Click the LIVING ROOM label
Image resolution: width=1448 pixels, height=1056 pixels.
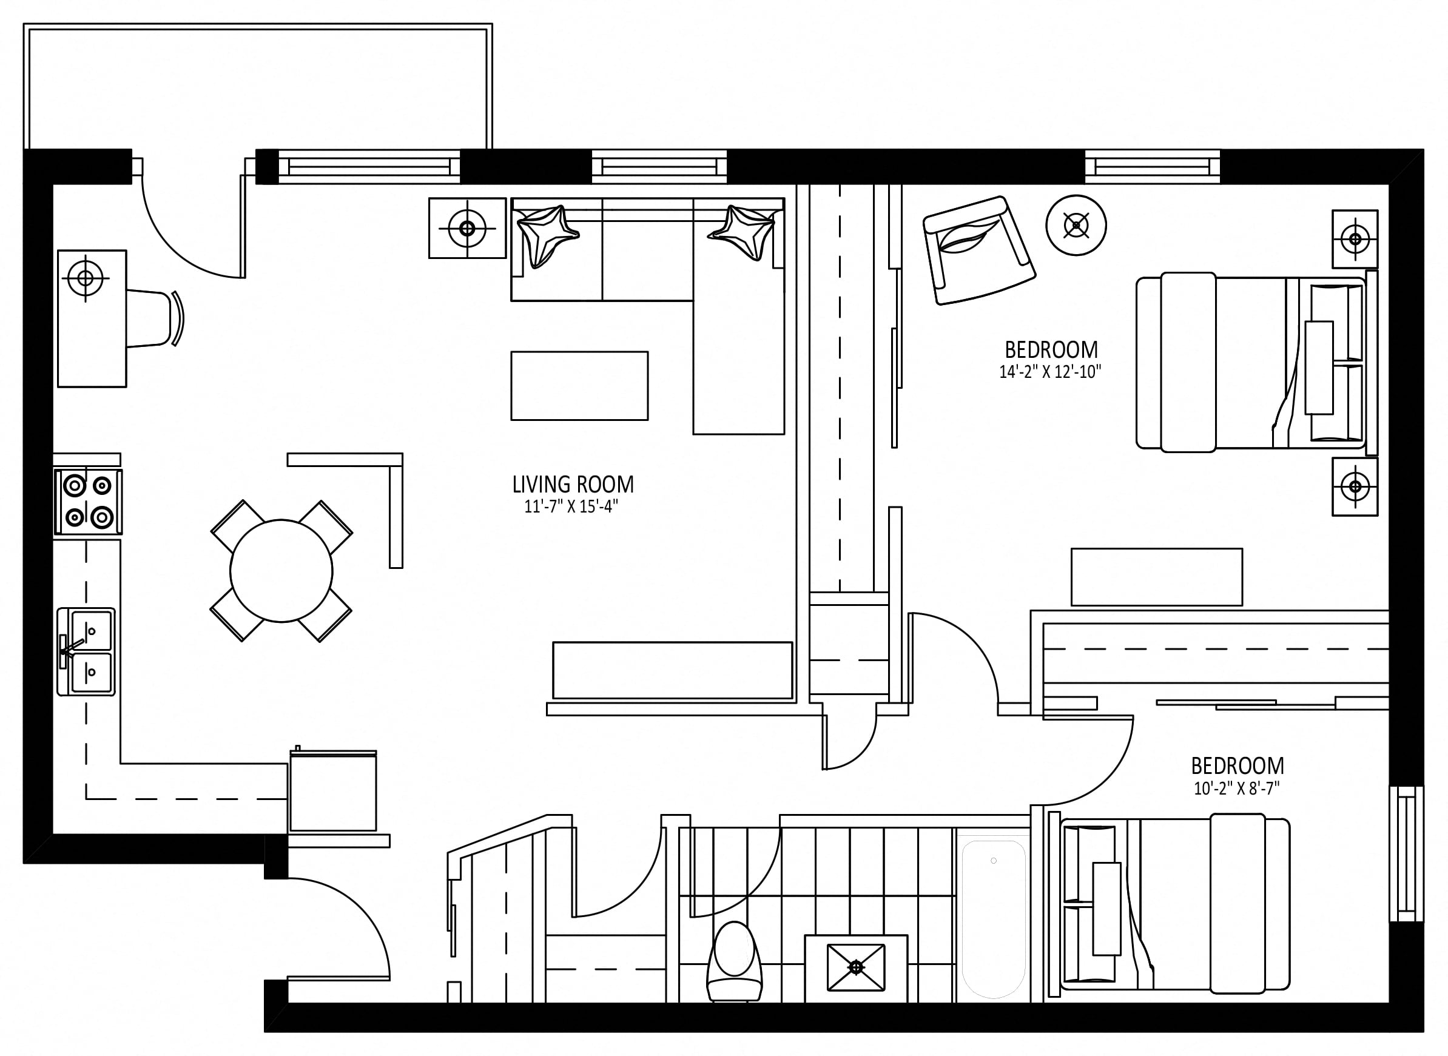pyautogui.click(x=573, y=485)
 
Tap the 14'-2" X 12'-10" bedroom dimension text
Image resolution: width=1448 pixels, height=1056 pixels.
pyautogui.click(x=1050, y=372)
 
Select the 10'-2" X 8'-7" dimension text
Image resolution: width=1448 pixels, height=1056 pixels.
pyautogui.click(x=1236, y=789)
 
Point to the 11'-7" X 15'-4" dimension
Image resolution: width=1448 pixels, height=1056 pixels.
pyautogui.click(x=571, y=507)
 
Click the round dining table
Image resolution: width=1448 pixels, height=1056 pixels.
pyautogui.click(x=281, y=571)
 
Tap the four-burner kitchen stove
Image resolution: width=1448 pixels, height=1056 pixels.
pyautogui.click(x=88, y=502)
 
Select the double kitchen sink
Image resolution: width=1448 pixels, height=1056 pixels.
pyautogui.click(x=86, y=651)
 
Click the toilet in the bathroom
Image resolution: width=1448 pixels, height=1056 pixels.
pyautogui.click(x=735, y=962)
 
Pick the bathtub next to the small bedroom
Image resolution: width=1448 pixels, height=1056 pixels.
pyautogui.click(x=994, y=919)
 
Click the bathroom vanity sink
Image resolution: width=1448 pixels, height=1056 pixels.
pyautogui.click(x=856, y=968)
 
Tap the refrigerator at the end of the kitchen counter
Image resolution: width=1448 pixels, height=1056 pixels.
pyautogui.click(x=333, y=791)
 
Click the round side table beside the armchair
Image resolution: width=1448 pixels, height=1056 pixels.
pyautogui.click(x=1077, y=225)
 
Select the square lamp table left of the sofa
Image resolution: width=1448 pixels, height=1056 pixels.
pyautogui.click(x=467, y=228)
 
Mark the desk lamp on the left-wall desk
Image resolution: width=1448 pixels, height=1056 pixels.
pyautogui.click(x=85, y=278)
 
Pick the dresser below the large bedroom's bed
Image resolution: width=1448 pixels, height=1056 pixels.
pyautogui.click(x=1157, y=577)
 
